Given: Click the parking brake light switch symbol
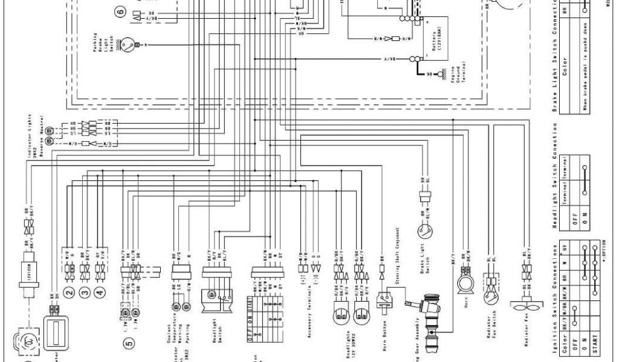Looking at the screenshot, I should click(127, 45).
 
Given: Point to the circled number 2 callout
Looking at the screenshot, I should click(68, 294).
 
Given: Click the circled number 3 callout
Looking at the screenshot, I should click(85, 294).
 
